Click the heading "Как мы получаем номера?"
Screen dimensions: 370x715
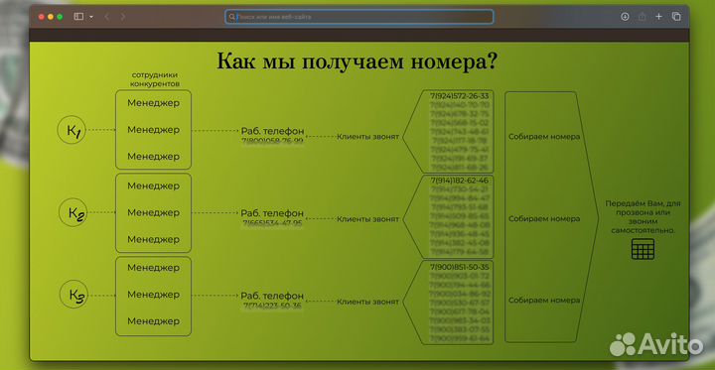coord(357,62)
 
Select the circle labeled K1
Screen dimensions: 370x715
coord(73,130)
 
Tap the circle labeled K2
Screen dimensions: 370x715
coord(74,212)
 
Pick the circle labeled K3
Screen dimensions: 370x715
coord(74,295)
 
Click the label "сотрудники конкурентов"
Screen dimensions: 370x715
coord(154,79)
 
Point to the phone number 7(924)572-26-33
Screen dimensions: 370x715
coord(460,96)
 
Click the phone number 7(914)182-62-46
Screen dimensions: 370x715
coord(460,181)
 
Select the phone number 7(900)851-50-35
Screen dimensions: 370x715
coord(460,267)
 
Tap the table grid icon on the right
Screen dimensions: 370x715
coord(643,249)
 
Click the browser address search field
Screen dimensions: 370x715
coord(358,17)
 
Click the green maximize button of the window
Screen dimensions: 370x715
coord(59,17)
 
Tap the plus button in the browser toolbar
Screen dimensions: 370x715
coord(658,17)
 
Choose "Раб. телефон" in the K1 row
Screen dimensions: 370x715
coord(272,131)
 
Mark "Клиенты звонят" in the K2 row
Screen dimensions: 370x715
coord(367,218)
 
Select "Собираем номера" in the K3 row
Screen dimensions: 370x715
coord(543,301)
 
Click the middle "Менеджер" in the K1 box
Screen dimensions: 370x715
coord(153,130)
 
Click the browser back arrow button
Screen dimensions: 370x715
coord(106,17)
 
